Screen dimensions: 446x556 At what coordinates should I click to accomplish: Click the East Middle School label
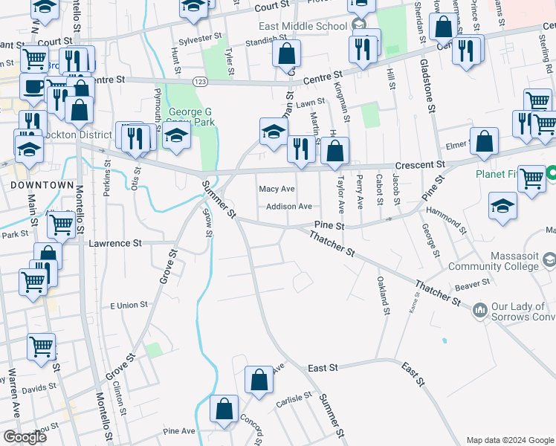coord(303,26)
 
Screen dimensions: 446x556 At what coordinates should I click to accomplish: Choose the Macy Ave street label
coord(277,189)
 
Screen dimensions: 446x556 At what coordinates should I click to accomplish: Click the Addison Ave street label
coord(289,207)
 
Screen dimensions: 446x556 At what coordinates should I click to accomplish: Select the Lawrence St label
coord(114,243)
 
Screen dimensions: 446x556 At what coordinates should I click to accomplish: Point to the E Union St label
coord(129,306)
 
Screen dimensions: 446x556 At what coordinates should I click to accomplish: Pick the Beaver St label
coord(473,284)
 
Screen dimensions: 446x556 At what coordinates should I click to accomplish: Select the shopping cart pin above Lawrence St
coord(61,223)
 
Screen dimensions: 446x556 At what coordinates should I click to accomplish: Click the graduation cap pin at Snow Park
coord(176,137)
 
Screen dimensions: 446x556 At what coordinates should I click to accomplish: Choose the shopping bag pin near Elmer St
coord(484,143)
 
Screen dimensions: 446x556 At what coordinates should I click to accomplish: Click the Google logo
coord(24,437)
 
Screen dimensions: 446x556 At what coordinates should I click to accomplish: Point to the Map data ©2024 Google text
coord(509,440)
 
